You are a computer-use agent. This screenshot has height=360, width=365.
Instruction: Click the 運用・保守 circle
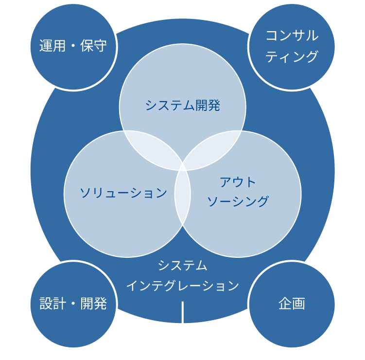pos(73,47)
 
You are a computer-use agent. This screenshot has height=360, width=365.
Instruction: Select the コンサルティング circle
pos(292,47)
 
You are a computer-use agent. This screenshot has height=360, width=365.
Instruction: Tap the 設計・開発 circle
pos(73,304)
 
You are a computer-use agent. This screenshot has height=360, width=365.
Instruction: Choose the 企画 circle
pos(292,304)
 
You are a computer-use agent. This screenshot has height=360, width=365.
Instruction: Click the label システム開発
pos(183,105)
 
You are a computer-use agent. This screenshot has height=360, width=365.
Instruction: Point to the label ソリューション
pos(123,193)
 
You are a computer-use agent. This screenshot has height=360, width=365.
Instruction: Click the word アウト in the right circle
pos(238,182)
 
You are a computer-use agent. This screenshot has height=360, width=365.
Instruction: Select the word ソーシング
pos(238,201)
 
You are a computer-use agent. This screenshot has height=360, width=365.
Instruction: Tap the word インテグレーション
pos(183,286)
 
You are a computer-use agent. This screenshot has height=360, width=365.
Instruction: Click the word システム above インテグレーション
pos(183,266)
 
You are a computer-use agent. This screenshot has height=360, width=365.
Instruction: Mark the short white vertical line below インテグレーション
pos(183,312)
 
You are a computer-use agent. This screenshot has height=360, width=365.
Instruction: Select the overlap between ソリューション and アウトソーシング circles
pos(182,195)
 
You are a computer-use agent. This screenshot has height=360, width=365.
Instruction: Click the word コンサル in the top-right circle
pos(292,36)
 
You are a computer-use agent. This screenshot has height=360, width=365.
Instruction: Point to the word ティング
pos(292,56)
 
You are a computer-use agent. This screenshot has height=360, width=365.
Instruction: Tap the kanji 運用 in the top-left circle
pos(52,47)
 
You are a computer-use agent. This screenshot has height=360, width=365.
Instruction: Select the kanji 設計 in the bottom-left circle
pos(52,304)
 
